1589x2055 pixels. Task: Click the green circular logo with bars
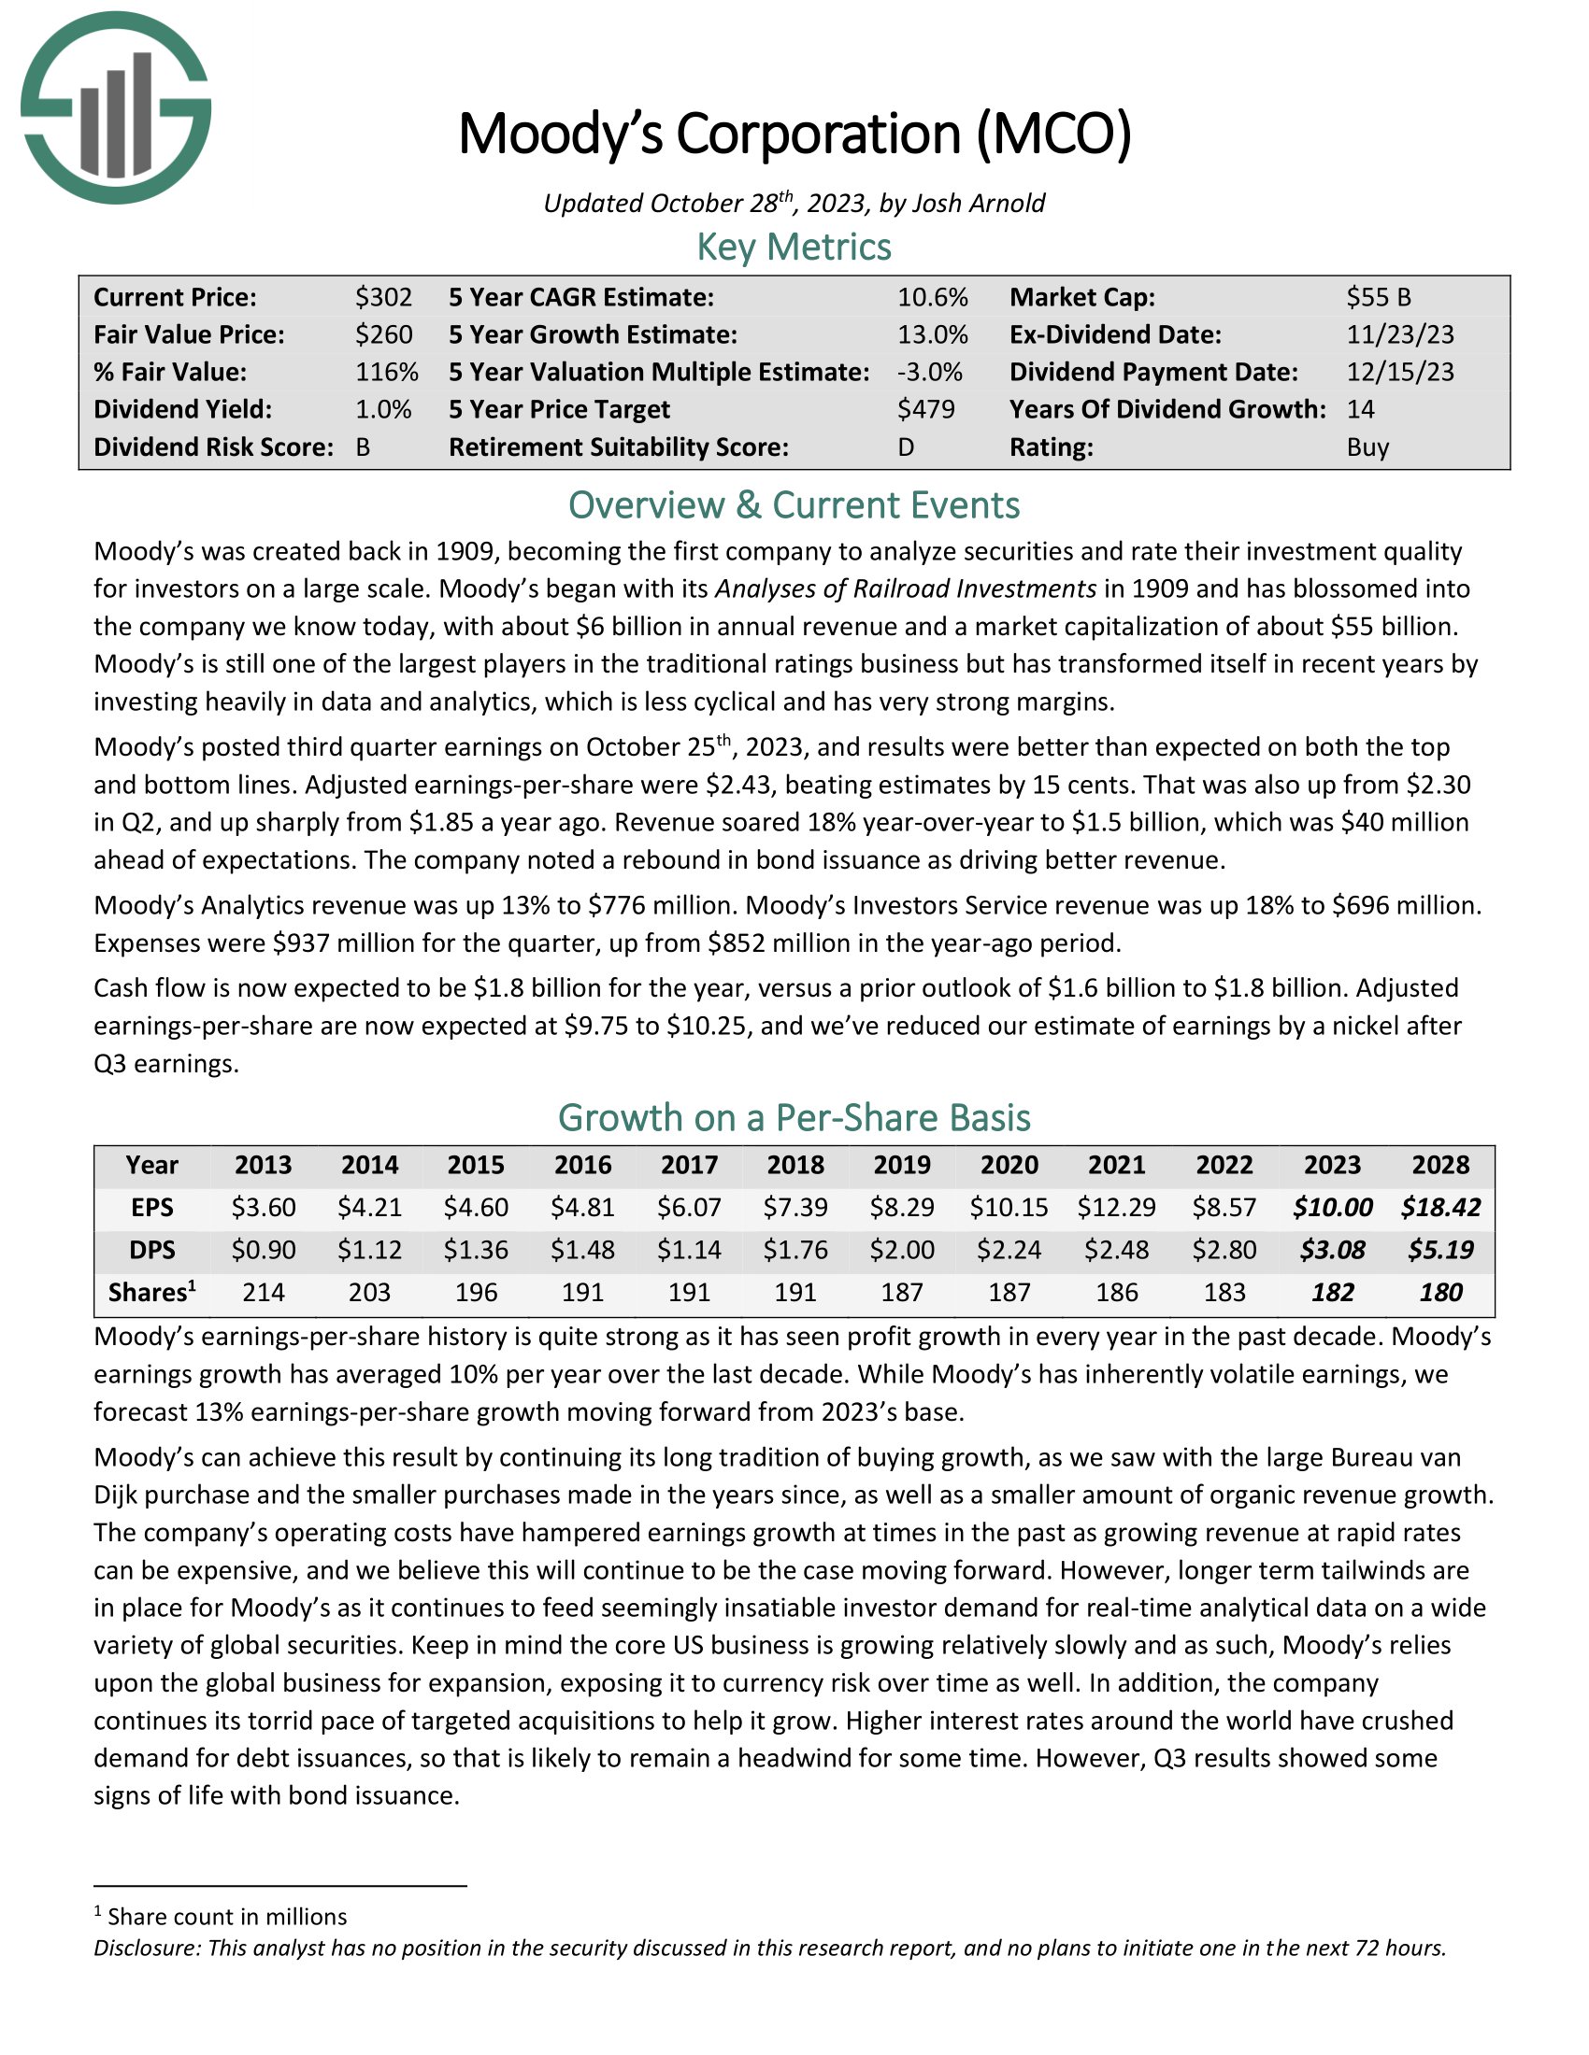coord(116,107)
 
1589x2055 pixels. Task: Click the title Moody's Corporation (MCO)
coord(794,134)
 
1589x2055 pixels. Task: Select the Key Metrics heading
coord(794,247)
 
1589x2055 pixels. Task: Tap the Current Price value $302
coord(384,297)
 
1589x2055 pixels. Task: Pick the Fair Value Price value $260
coord(384,335)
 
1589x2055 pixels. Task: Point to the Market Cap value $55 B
coord(1378,297)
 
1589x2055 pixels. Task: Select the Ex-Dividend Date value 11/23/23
coord(1400,335)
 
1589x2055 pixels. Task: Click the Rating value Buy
coord(1367,446)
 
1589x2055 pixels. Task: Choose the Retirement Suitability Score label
coord(619,446)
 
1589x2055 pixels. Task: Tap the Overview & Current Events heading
coord(794,505)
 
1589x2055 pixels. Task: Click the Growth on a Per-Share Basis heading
coord(794,1118)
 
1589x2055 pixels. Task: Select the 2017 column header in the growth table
coord(689,1165)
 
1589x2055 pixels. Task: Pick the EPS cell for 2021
coord(1116,1207)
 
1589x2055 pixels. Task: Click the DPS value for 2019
coord(902,1250)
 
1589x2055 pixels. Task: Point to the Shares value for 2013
coord(264,1292)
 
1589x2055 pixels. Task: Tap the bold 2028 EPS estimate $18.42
coord(1440,1207)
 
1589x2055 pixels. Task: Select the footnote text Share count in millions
coord(227,1917)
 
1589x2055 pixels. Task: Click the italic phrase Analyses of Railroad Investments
coord(905,589)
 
